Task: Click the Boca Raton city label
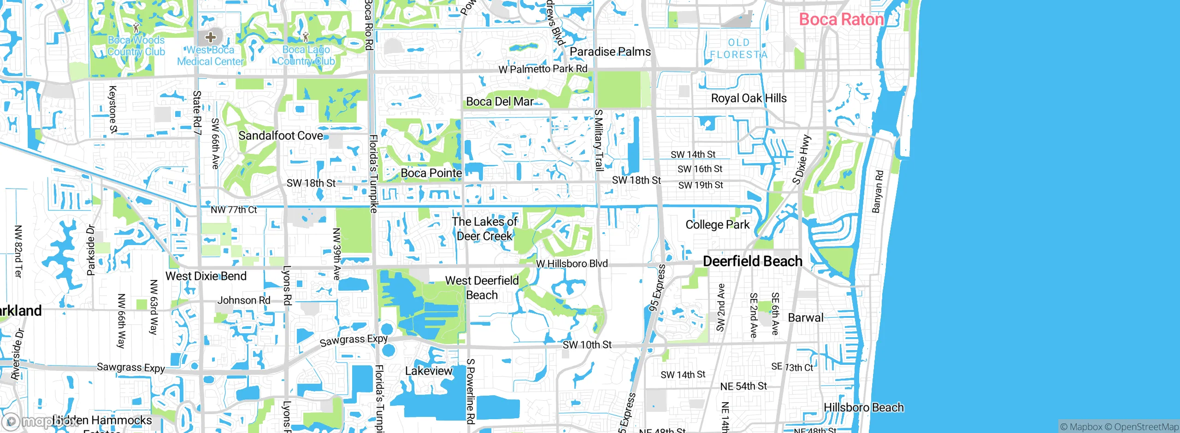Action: pos(841,19)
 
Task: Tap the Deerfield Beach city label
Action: pos(752,261)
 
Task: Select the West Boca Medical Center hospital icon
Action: pos(211,37)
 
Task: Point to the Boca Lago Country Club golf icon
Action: pos(306,35)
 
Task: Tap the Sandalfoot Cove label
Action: pos(281,135)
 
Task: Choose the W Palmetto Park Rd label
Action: pos(543,69)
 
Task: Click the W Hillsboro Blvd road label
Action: pos(572,263)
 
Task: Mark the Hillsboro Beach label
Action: pos(863,408)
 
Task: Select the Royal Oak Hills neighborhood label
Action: pos(749,98)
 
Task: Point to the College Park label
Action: pos(717,225)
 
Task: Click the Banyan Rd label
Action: pos(878,192)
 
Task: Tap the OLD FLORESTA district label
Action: pos(738,48)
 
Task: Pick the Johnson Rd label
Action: pos(244,300)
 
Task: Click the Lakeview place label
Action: pos(429,371)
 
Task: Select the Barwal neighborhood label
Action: pos(805,317)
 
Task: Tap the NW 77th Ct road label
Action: pos(234,210)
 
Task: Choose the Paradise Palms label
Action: pos(610,52)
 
